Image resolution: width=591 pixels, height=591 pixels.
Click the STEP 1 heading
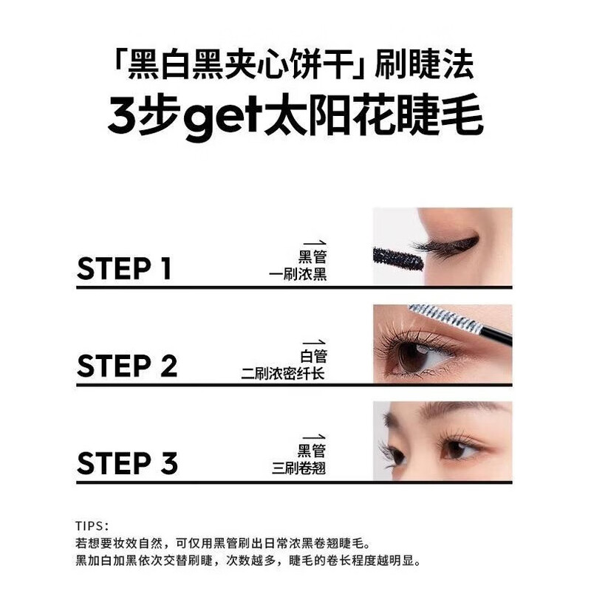coord(124,269)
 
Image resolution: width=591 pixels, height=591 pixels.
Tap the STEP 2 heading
coord(127,366)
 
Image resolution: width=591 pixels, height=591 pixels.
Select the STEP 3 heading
coord(127,463)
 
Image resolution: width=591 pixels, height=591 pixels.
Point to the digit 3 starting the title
coord(122,118)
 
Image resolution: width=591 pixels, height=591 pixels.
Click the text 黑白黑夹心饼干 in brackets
coord(236,67)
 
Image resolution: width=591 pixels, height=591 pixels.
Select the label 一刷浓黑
coord(298,276)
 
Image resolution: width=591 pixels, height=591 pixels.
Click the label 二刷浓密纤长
coord(284,373)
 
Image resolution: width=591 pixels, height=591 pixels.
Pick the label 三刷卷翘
coord(298,469)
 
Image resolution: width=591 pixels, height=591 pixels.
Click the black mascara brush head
coord(397,258)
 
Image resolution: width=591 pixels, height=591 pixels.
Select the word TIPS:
coord(92,526)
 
